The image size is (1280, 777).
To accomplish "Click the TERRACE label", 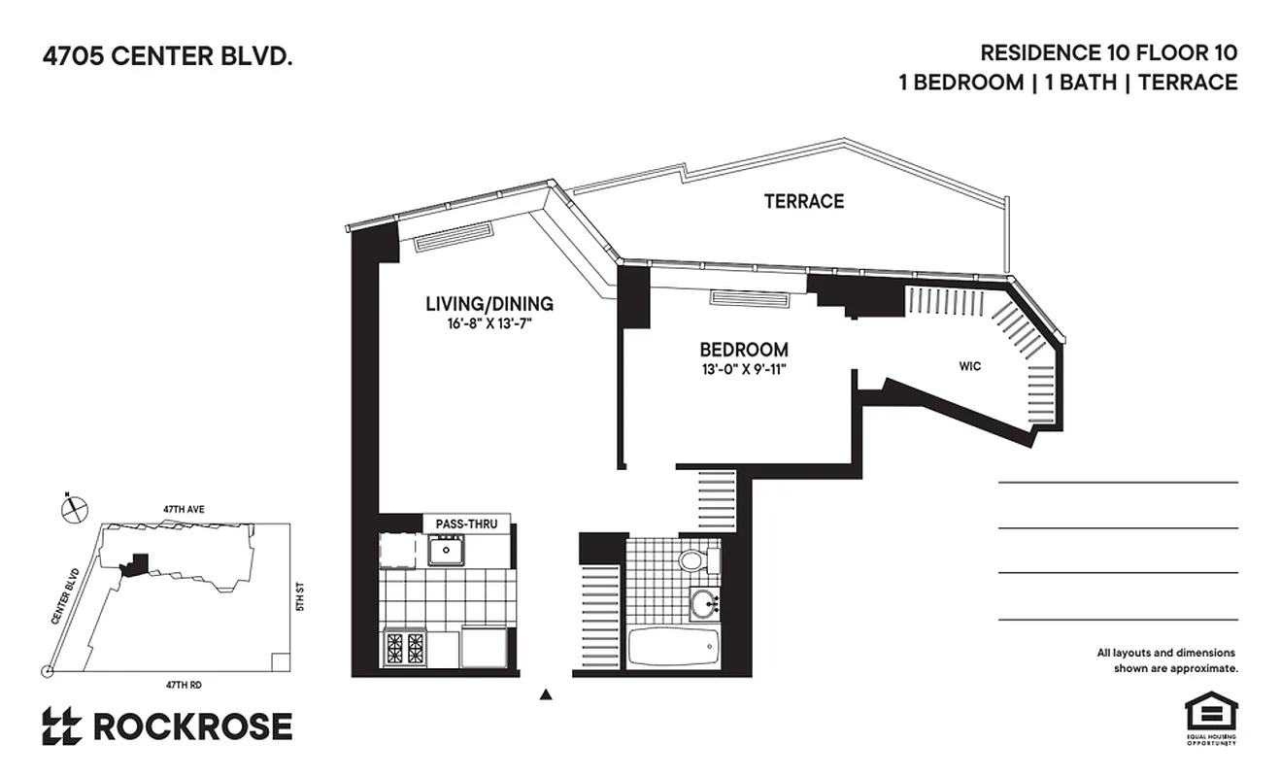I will pos(803,202).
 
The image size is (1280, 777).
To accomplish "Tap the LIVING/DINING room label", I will pos(489,304).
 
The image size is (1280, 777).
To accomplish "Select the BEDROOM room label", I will pos(744,350).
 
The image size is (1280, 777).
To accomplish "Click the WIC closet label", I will pos(969,366).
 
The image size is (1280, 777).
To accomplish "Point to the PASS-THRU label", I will pos(466,524).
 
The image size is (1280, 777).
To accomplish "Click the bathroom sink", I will pos(703,603).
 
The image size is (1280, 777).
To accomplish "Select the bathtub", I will pos(673,647).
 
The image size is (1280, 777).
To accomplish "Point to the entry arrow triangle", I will pos(546,693).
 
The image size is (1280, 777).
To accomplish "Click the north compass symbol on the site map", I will pos(74,508).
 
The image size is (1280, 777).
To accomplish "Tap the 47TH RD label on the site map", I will pos(182,685).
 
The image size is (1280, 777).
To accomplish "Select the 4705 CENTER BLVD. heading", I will pos(167,57).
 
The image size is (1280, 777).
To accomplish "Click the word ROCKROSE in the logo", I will pos(191,726).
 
